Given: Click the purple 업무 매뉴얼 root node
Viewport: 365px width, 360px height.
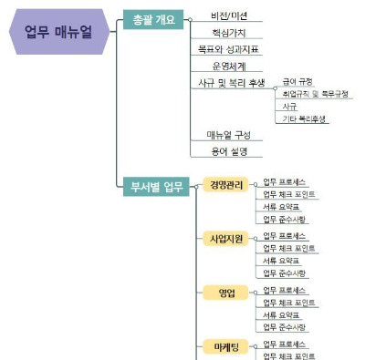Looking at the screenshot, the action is (61, 33).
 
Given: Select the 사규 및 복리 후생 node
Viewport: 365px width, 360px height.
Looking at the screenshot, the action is (231, 82).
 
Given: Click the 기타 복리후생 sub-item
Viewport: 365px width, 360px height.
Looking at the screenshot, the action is (305, 118).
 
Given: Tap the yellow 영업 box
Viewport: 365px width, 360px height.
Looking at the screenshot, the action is (226, 293).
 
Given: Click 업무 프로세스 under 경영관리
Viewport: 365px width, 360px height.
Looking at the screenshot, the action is (285, 182).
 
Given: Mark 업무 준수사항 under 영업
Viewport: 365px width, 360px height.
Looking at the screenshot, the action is (285, 326).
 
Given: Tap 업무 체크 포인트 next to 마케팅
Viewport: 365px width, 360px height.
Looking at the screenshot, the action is (289, 356).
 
